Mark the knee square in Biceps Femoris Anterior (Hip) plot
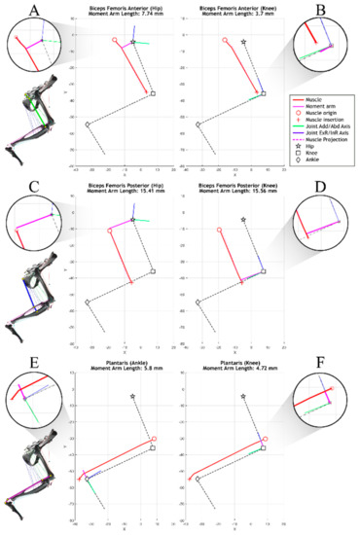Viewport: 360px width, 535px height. click(x=153, y=93)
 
